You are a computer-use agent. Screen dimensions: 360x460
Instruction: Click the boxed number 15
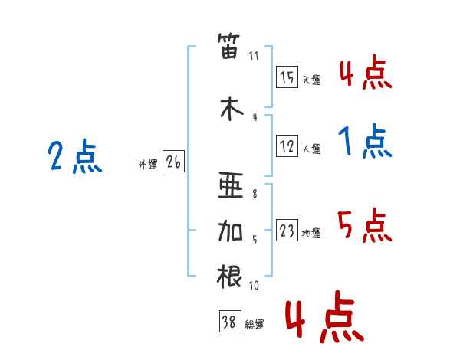(287, 77)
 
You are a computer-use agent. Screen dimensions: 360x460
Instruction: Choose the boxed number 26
(173, 162)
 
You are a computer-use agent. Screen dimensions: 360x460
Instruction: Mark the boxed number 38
(228, 322)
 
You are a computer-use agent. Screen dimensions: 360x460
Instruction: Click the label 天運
(311, 80)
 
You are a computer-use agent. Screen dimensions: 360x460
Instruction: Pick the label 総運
(255, 325)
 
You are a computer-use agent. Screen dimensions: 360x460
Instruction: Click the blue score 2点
(75, 158)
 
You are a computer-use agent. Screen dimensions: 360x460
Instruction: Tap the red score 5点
(364, 226)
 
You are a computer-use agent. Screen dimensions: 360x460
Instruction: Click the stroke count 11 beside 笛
(255, 56)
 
